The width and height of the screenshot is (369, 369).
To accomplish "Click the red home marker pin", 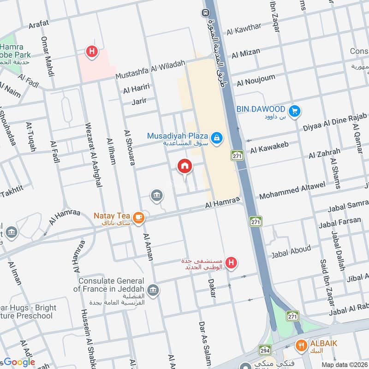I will point(185,166).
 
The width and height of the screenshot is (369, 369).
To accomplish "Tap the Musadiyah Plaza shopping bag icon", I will point(215,137).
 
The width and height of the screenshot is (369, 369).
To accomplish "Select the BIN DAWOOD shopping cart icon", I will point(294,111).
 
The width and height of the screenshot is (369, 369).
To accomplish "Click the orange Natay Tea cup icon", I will point(137,217).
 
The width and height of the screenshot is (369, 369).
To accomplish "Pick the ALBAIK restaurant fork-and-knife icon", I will point(302,344).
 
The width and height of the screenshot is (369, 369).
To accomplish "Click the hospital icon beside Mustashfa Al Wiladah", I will point(92,52).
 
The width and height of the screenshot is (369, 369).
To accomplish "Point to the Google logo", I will point(18,362).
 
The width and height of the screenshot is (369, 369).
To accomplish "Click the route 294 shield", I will point(265,350).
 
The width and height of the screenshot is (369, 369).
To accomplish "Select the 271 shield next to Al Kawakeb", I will point(237,155).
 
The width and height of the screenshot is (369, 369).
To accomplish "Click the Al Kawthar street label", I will point(244,29).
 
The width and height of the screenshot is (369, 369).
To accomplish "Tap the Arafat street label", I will point(39,25).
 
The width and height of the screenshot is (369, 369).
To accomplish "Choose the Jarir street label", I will point(139,100).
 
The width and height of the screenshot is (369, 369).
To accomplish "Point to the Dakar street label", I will point(212,287).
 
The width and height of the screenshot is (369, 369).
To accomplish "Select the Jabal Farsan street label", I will point(339,222).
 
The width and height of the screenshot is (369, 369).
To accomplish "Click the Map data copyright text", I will point(344,364).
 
